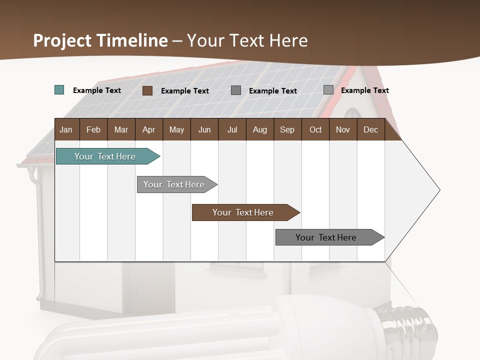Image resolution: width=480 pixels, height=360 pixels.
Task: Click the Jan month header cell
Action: (x=66, y=129)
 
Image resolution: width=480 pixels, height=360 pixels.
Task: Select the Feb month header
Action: (x=93, y=129)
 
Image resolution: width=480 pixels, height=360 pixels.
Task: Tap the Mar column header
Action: (x=121, y=129)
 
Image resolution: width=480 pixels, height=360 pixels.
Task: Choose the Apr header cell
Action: (x=149, y=129)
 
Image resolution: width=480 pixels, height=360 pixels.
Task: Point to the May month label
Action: (x=176, y=129)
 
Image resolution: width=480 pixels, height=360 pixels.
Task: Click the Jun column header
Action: (x=204, y=129)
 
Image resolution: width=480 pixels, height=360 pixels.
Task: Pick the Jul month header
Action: (x=232, y=129)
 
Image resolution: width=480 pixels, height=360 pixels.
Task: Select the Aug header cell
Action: (x=260, y=129)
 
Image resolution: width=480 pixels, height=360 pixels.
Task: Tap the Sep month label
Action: (x=287, y=129)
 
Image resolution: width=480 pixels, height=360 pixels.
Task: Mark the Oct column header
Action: (x=315, y=129)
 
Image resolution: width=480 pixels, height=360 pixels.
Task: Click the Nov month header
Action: (x=343, y=129)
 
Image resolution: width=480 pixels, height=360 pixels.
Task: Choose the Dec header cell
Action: (x=371, y=129)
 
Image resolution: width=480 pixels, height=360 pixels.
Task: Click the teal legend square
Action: (x=59, y=90)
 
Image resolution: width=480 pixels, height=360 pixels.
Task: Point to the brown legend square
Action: (x=147, y=90)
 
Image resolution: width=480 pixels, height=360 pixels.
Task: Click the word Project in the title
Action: (x=65, y=40)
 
